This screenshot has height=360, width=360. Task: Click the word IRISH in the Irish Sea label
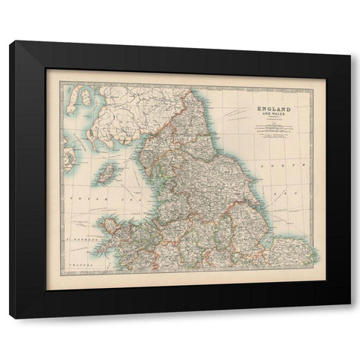coord(76,193)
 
